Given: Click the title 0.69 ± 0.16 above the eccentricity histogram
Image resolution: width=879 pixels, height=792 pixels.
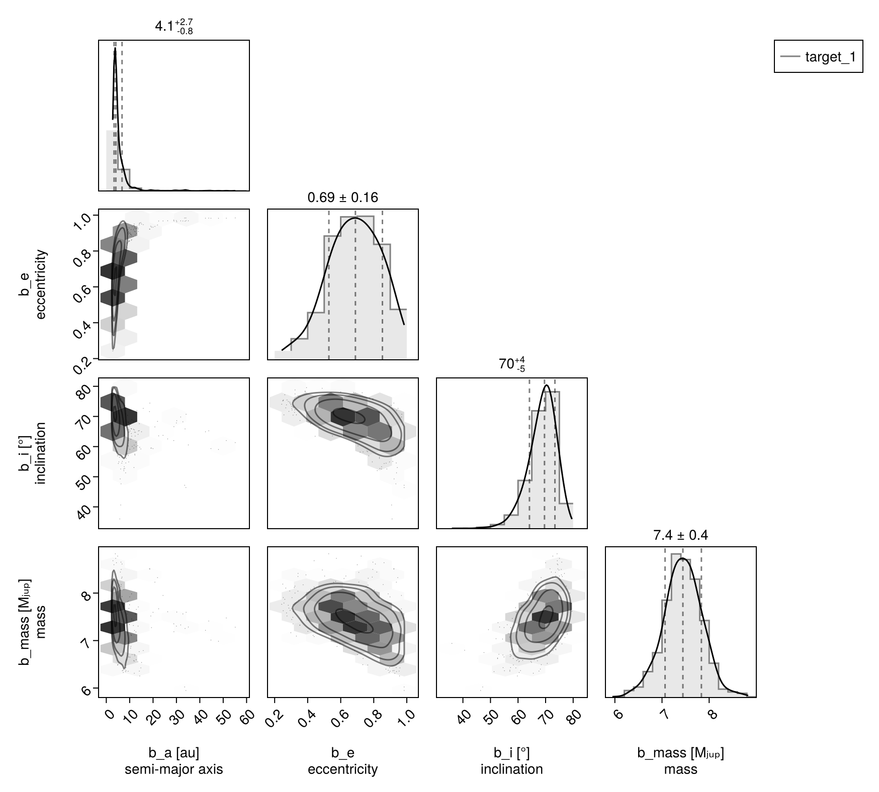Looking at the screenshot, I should [x=342, y=197].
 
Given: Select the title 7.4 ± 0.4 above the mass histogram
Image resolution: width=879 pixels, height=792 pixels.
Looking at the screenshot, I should [x=680, y=535].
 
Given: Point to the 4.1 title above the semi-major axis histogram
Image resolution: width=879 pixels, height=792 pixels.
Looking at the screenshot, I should [x=173, y=27].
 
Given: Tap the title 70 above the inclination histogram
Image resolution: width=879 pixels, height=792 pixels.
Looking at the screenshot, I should [x=511, y=364].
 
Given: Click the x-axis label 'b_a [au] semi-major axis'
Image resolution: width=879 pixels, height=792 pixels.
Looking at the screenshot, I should [x=173, y=761].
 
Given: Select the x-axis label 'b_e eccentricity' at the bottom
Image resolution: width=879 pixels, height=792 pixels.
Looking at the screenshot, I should [x=342, y=761].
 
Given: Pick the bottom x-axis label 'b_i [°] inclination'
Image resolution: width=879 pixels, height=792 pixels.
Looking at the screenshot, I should [x=511, y=761].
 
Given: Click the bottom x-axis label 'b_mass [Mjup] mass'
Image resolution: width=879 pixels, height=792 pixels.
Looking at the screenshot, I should [x=680, y=761].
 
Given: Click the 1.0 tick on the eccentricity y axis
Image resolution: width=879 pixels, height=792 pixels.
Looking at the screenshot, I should [x=80, y=221].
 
